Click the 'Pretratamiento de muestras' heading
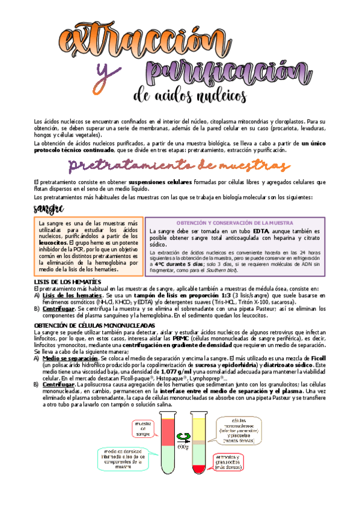point(180,165)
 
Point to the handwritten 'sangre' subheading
point(49,208)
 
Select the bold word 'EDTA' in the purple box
point(260,231)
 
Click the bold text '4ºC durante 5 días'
point(176,263)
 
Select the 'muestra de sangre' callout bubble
point(143,429)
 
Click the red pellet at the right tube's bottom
point(199,469)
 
